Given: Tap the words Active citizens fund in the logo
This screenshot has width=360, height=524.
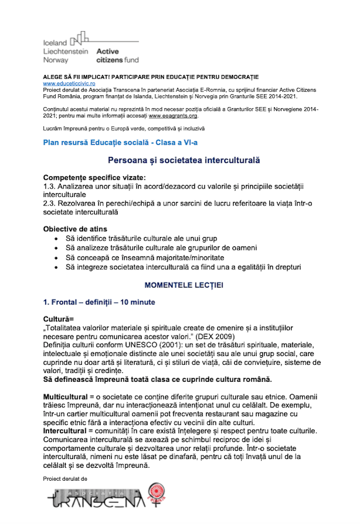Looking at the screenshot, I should point(117,56).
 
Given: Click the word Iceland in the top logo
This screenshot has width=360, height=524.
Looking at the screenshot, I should point(56,43).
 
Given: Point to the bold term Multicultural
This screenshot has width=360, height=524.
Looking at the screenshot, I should point(67,381).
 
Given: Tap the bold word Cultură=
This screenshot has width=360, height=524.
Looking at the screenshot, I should point(59,318).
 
